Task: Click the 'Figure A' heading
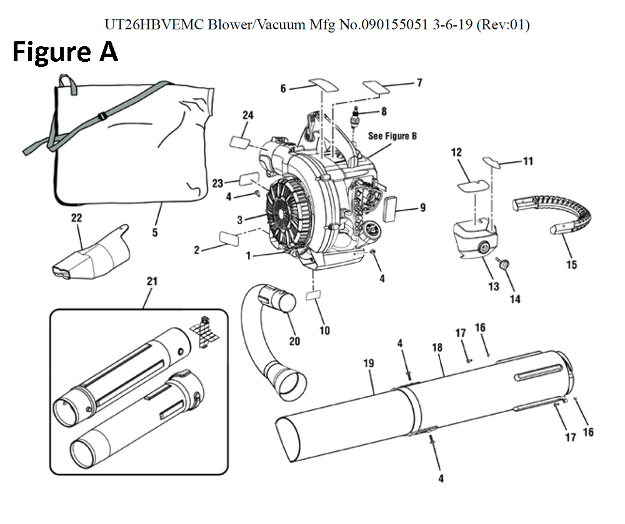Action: tap(65, 52)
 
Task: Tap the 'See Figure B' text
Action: tap(392, 136)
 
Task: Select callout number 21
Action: tap(152, 282)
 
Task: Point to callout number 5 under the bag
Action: tap(154, 233)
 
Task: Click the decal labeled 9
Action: tap(393, 207)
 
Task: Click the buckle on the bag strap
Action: tap(101, 116)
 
